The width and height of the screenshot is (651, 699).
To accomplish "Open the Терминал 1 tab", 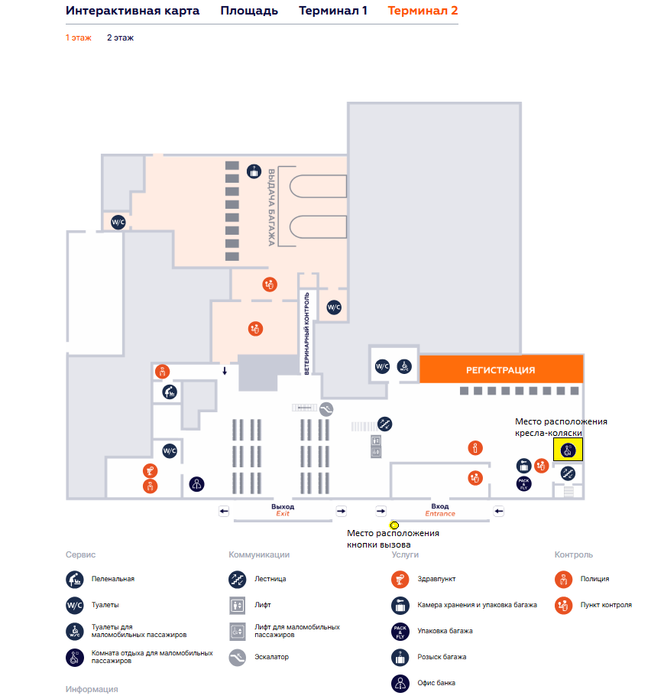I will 333,11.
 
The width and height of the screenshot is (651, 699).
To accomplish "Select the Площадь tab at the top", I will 249,11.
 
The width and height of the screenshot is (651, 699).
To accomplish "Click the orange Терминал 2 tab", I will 423,11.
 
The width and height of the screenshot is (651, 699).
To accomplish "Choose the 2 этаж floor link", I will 120,37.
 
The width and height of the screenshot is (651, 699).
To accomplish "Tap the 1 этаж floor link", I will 78,37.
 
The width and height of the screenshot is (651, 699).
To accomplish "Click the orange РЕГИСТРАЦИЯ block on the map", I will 500,369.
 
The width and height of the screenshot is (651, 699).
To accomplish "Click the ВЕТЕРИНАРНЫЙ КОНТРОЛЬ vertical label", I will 306,333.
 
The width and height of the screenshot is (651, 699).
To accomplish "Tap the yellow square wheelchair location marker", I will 568,450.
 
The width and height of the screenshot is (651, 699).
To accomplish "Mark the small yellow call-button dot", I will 394,525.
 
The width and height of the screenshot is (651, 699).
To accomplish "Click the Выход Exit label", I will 283,510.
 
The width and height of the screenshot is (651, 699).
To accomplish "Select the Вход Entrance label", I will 439,510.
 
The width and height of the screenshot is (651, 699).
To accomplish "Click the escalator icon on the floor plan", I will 327,408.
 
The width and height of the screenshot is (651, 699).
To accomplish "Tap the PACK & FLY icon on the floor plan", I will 523,483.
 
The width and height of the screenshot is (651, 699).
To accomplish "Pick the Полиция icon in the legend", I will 565,579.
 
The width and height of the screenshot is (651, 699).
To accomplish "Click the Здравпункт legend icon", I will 401,579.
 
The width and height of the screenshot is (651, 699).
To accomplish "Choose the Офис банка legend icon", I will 401,682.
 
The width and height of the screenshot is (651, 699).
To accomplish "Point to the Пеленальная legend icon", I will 75,579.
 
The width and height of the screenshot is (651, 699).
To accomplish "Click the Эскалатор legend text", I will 271,656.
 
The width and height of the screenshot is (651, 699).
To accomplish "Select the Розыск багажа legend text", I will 442,656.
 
